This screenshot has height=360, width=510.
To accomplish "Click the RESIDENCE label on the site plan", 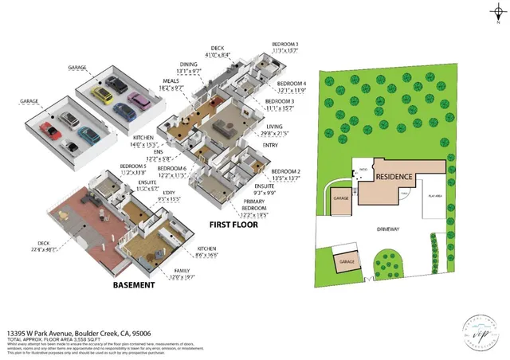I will [394, 177].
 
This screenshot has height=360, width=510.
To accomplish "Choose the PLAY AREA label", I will [435, 195].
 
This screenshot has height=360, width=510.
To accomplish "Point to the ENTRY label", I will [270, 145].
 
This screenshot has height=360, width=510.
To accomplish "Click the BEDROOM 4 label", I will [291, 84].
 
